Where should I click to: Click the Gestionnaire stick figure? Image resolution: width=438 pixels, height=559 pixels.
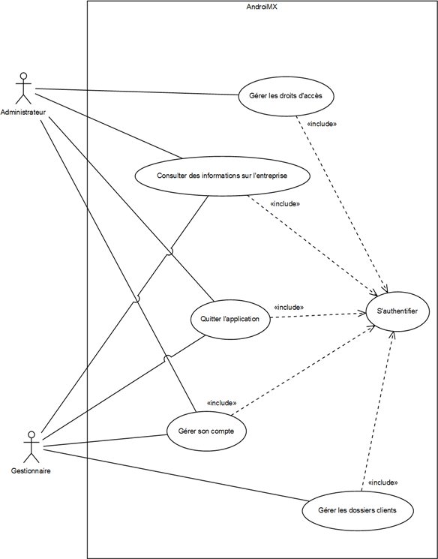(x=31, y=446)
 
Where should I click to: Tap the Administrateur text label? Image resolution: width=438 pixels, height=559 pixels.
(x=23, y=113)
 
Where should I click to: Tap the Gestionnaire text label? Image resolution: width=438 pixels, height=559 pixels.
(x=31, y=470)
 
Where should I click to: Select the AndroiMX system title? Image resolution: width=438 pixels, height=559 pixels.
(x=262, y=7)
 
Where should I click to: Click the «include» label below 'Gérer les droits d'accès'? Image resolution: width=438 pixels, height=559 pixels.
(x=322, y=124)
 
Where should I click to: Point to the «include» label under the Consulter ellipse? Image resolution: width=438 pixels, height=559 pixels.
(x=285, y=204)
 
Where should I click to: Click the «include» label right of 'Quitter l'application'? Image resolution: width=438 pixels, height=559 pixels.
(x=289, y=308)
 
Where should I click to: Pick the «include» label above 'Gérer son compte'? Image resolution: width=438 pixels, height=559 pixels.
(x=221, y=403)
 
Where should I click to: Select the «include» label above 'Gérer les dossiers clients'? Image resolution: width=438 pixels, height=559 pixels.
(x=382, y=482)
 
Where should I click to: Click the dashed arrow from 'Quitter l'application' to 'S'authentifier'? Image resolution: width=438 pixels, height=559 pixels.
(x=318, y=315)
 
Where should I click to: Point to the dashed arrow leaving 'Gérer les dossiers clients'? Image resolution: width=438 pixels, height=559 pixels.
(x=378, y=411)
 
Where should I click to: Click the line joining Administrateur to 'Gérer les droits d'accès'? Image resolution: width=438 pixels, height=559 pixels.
(x=136, y=92)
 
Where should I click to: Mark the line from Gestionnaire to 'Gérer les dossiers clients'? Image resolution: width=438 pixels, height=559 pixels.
(x=175, y=475)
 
